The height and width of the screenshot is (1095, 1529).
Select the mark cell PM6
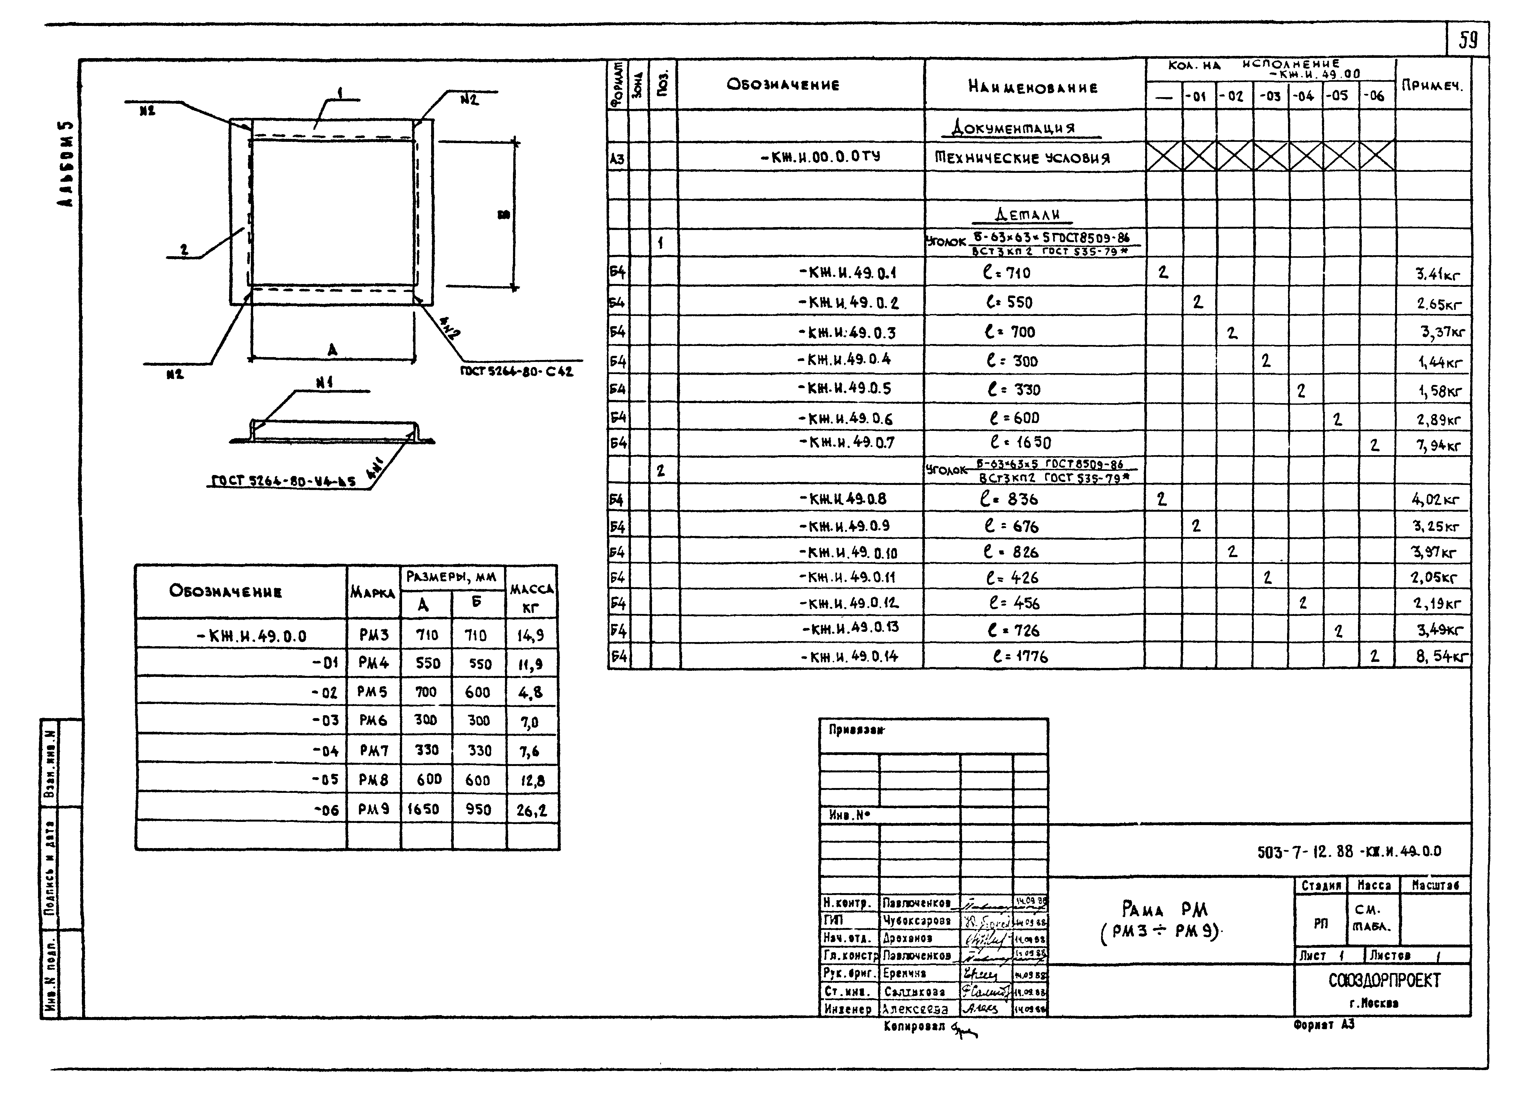pos(373,720)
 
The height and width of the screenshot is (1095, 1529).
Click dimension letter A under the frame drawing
pos(332,350)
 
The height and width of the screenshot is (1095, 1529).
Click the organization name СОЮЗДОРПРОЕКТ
pos(1384,980)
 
